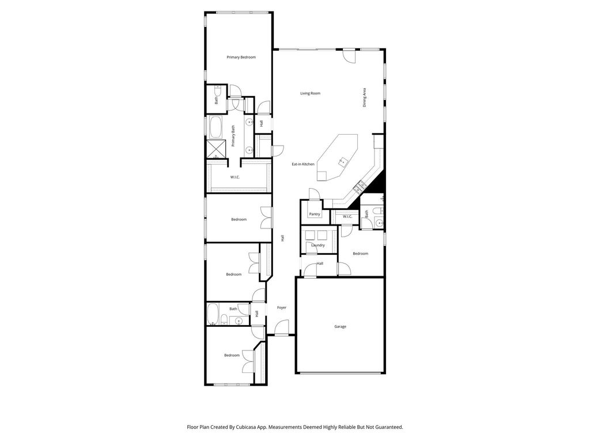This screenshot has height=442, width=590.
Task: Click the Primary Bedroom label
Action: pos(241,57)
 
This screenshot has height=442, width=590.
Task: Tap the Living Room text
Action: pos(310,93)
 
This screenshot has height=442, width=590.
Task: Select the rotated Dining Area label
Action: pos(364,97)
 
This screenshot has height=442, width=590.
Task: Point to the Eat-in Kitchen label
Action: pos(303,164)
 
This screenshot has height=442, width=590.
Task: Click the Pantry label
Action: pos(315,214)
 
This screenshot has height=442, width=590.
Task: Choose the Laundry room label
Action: pos(318,245)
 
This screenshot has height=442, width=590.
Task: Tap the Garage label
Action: pos(340,327)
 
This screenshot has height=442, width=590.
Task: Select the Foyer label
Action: pos(281,307)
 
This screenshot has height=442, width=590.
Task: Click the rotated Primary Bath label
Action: pos(233,136)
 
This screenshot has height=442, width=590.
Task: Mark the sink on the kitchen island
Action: pos(342,162)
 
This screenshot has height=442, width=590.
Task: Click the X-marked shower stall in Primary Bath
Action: pos(216,149)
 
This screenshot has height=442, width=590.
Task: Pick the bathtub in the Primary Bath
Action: pos(216,127)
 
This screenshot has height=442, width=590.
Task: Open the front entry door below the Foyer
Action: pos(281,327)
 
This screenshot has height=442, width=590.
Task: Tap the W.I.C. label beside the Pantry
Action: pos(347,216)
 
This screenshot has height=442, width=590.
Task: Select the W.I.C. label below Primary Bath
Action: pos(235,177)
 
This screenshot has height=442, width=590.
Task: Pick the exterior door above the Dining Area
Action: pos(349,56)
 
